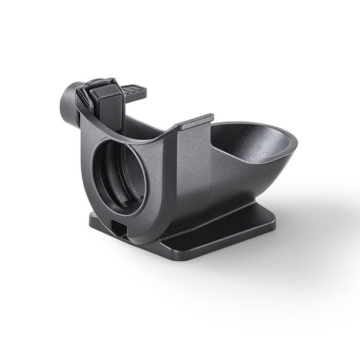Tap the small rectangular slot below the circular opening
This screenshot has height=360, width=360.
click(117, 227)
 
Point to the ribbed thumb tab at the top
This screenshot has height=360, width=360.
click(135, 92)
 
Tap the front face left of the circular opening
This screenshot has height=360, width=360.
click(86, 165)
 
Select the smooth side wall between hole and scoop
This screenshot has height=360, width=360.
click(190, 175)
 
